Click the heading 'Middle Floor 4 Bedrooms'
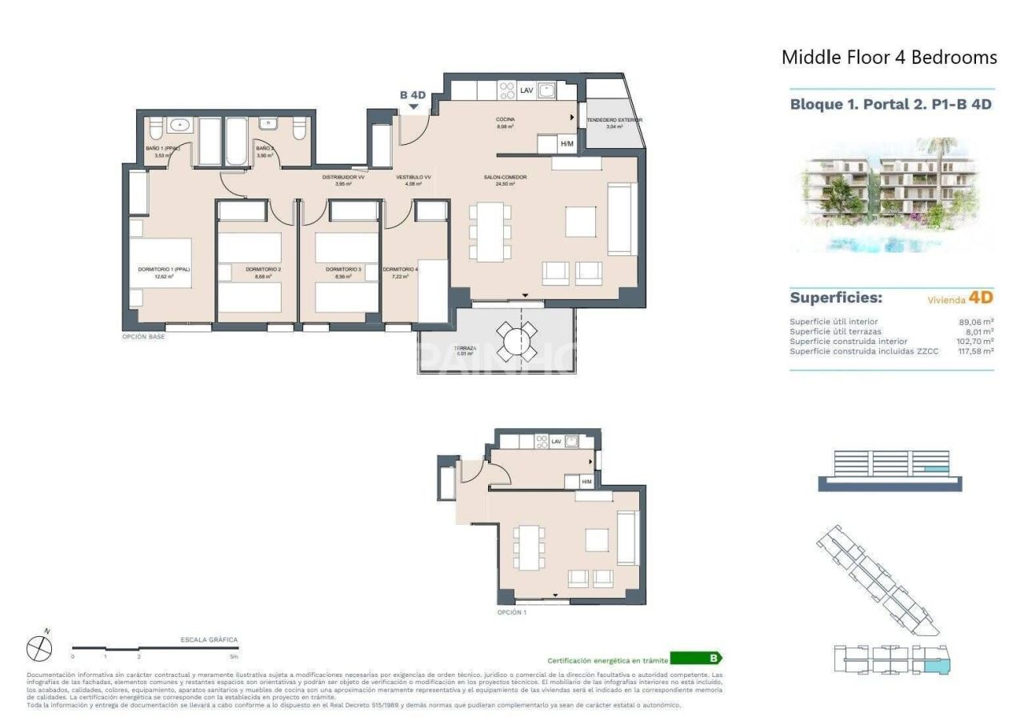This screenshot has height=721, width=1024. pos(889,58)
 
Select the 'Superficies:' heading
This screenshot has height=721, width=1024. pos(836,298)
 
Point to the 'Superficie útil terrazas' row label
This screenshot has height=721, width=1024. pos(834,331)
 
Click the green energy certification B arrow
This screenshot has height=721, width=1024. pos(696,659)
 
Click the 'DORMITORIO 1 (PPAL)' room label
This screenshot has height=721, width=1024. pos(163,270)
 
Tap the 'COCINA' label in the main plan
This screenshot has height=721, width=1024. pos(504,119)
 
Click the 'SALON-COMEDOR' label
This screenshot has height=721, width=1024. pos(498,177)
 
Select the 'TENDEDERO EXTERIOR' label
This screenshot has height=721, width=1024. pos(614,120)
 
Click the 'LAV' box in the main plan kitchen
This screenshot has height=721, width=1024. pos(526,90)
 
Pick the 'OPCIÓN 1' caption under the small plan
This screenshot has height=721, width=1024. pos(512,612)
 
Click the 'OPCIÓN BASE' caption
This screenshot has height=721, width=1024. pos(143,337)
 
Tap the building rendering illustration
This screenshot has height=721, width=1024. pos(891,196)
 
